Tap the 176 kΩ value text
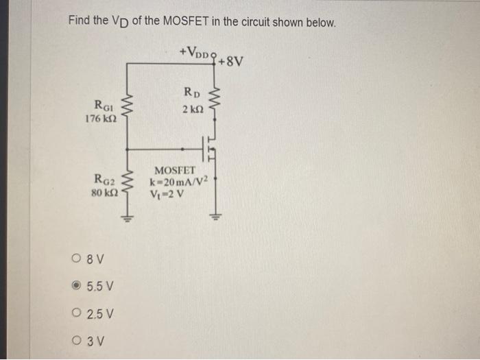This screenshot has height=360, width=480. pos(100,119)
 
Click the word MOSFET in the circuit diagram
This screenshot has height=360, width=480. pos(175,170)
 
